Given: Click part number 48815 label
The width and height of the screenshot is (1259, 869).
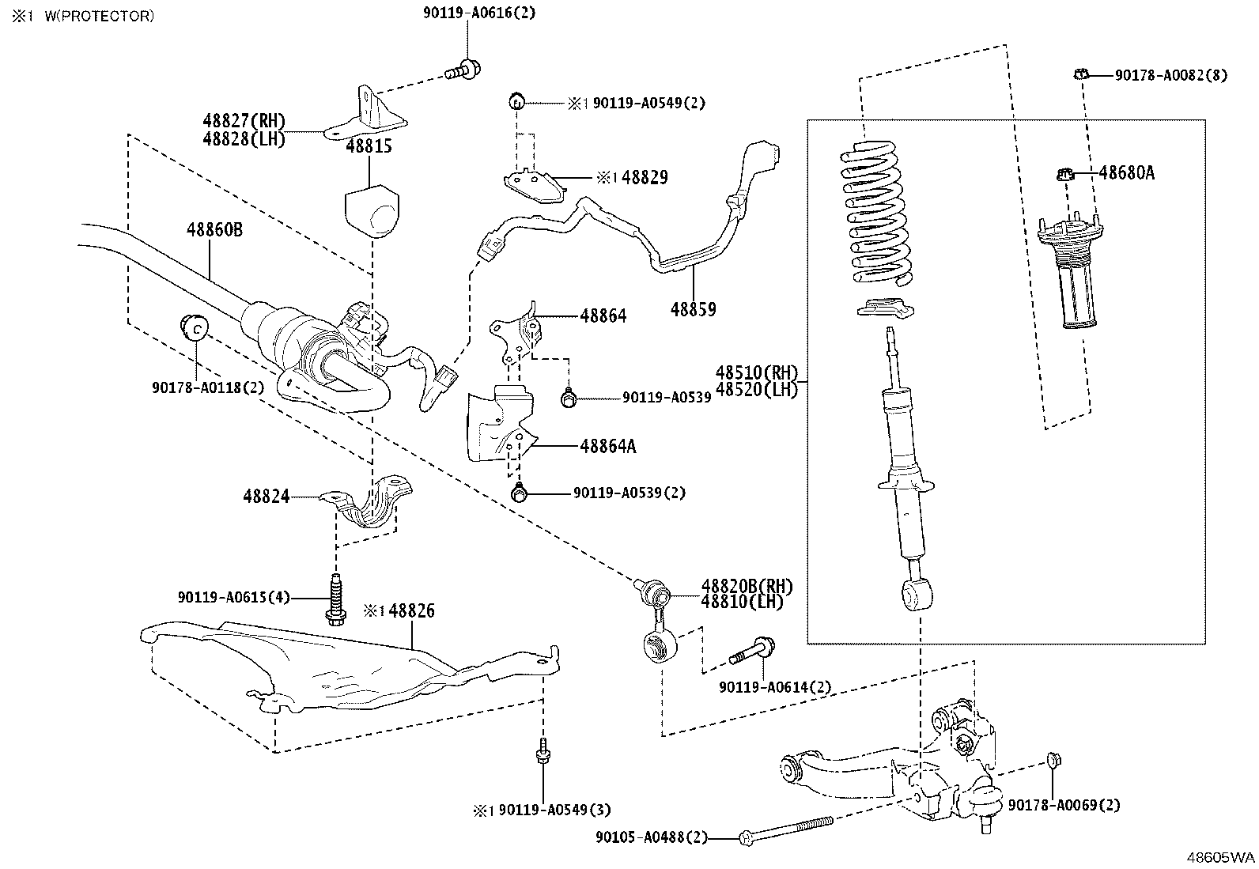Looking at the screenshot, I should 369,147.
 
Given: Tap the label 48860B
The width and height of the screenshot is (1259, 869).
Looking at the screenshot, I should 214,230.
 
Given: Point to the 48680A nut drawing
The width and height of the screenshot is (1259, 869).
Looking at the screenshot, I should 1065,173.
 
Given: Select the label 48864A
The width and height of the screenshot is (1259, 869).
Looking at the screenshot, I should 607,447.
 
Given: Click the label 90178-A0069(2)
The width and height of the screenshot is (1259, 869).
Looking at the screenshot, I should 1064,806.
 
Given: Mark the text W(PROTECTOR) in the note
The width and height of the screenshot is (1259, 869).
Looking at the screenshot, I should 99,16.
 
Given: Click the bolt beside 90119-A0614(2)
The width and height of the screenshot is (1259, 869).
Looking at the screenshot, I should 751,651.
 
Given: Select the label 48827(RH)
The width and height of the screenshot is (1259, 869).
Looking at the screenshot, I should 244,121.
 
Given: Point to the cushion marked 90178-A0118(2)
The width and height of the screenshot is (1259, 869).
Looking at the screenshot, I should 195,325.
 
